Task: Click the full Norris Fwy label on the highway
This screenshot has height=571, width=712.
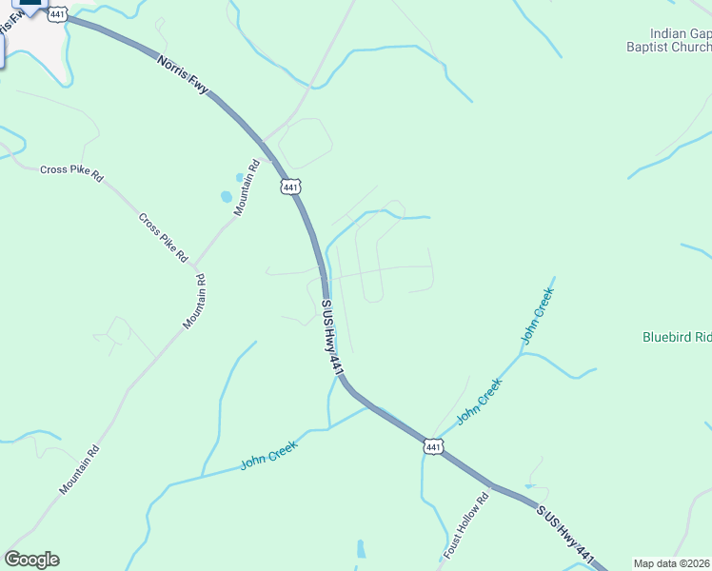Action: (183, 74)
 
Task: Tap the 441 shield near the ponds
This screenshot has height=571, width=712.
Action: (290, 187)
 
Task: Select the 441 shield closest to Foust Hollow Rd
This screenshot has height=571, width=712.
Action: (433, 446)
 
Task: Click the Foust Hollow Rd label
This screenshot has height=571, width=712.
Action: (465, 526)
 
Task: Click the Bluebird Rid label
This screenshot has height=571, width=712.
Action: (676, 337)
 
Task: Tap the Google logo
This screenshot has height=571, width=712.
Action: (31, 560)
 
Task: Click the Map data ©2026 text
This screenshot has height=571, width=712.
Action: (672, 563)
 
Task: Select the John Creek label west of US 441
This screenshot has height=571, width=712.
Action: (269, 454)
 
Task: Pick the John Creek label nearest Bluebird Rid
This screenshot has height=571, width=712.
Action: (536, 318)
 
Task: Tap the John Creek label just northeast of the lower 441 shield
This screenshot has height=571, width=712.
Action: (478, 401)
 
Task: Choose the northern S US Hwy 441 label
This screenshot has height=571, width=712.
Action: (331, 338)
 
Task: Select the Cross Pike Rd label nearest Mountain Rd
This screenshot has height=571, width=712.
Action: (163, 237)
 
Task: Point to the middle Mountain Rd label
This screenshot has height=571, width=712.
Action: (194, 303)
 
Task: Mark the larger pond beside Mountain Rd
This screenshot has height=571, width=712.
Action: (227, 197)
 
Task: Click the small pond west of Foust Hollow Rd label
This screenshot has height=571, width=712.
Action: (361, 549)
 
